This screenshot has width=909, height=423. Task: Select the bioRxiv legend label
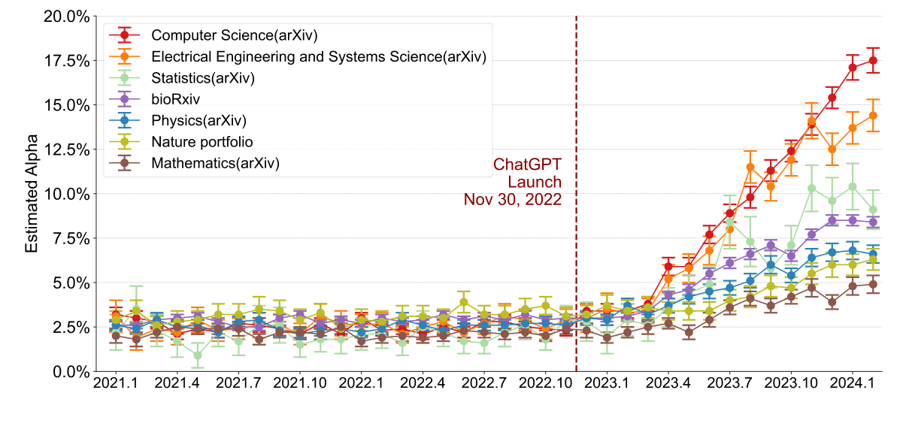click(175, 99)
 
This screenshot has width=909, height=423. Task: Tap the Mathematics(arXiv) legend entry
click(215, 163)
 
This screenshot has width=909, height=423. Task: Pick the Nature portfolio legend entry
click(201, 141)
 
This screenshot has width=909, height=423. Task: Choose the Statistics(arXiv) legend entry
click(202, 77)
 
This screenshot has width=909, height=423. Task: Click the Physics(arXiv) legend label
click(198, 120)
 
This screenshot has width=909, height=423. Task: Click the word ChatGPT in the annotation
click(527, 164)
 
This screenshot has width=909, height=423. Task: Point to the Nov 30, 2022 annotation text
click(512, 200)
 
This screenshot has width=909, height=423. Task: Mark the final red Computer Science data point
click(873, 61)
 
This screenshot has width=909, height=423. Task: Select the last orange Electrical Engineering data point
click(873, 116)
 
